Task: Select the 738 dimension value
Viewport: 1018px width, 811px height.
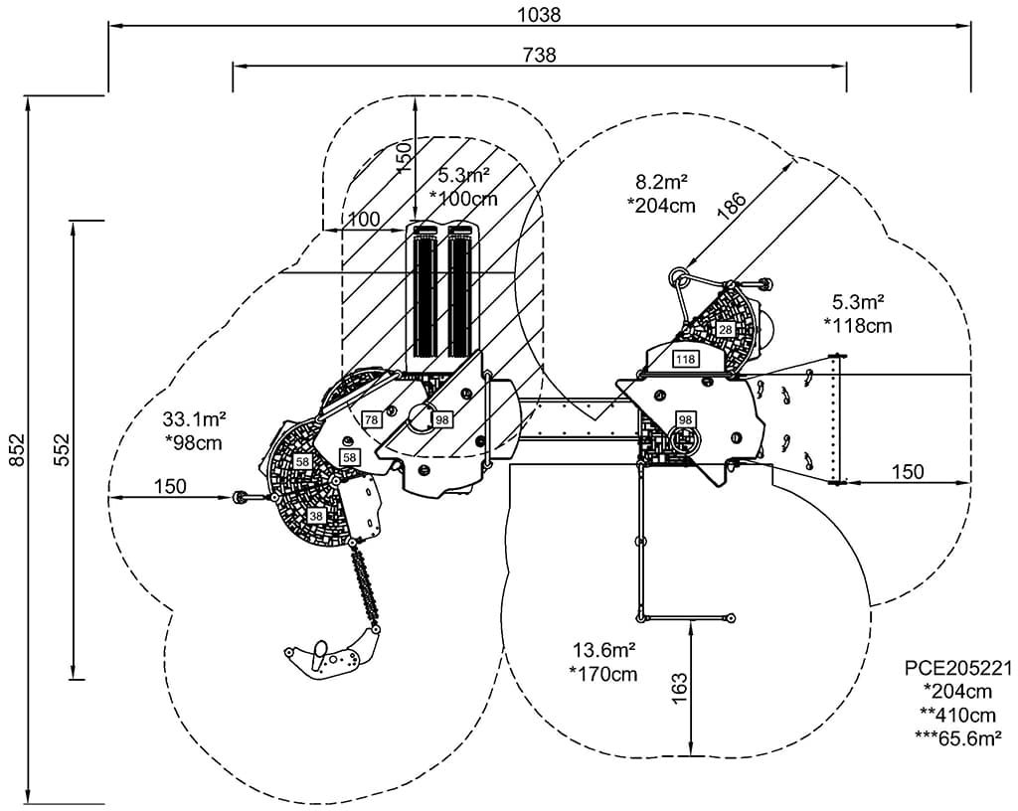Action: [540, 55]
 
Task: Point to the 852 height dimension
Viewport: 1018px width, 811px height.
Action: [14, 449]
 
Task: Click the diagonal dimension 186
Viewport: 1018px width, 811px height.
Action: [732, 206]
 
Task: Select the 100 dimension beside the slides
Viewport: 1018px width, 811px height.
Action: [364, 219]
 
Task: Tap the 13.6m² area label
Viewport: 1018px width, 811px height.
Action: [603, 650]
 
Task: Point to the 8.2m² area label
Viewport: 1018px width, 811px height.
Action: [663, 182]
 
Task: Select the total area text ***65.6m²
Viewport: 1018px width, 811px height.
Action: [956, 736]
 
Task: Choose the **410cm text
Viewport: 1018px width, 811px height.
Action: [957, 714]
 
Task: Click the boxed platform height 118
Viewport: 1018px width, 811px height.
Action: [686, 359]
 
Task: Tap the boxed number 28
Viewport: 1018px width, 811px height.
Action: [725, 329]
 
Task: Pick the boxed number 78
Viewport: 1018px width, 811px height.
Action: [371, 419]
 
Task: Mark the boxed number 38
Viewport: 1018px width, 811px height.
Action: [315, 516]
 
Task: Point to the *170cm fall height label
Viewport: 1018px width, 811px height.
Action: [603, 674]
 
